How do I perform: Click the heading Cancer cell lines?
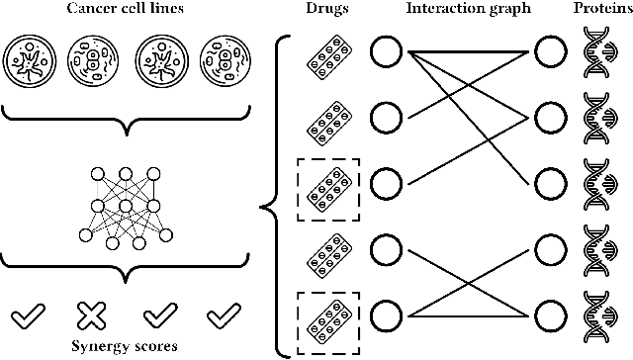coord(126,9)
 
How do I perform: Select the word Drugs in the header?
coord(327,9)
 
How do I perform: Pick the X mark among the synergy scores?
coord(91,315)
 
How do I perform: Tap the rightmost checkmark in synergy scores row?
coord(224,315)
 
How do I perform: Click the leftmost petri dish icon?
coord(31,60)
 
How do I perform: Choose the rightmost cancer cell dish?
coord(221,60)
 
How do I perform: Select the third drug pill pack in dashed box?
coord(327,185)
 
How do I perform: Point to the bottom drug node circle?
coord(387,316)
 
